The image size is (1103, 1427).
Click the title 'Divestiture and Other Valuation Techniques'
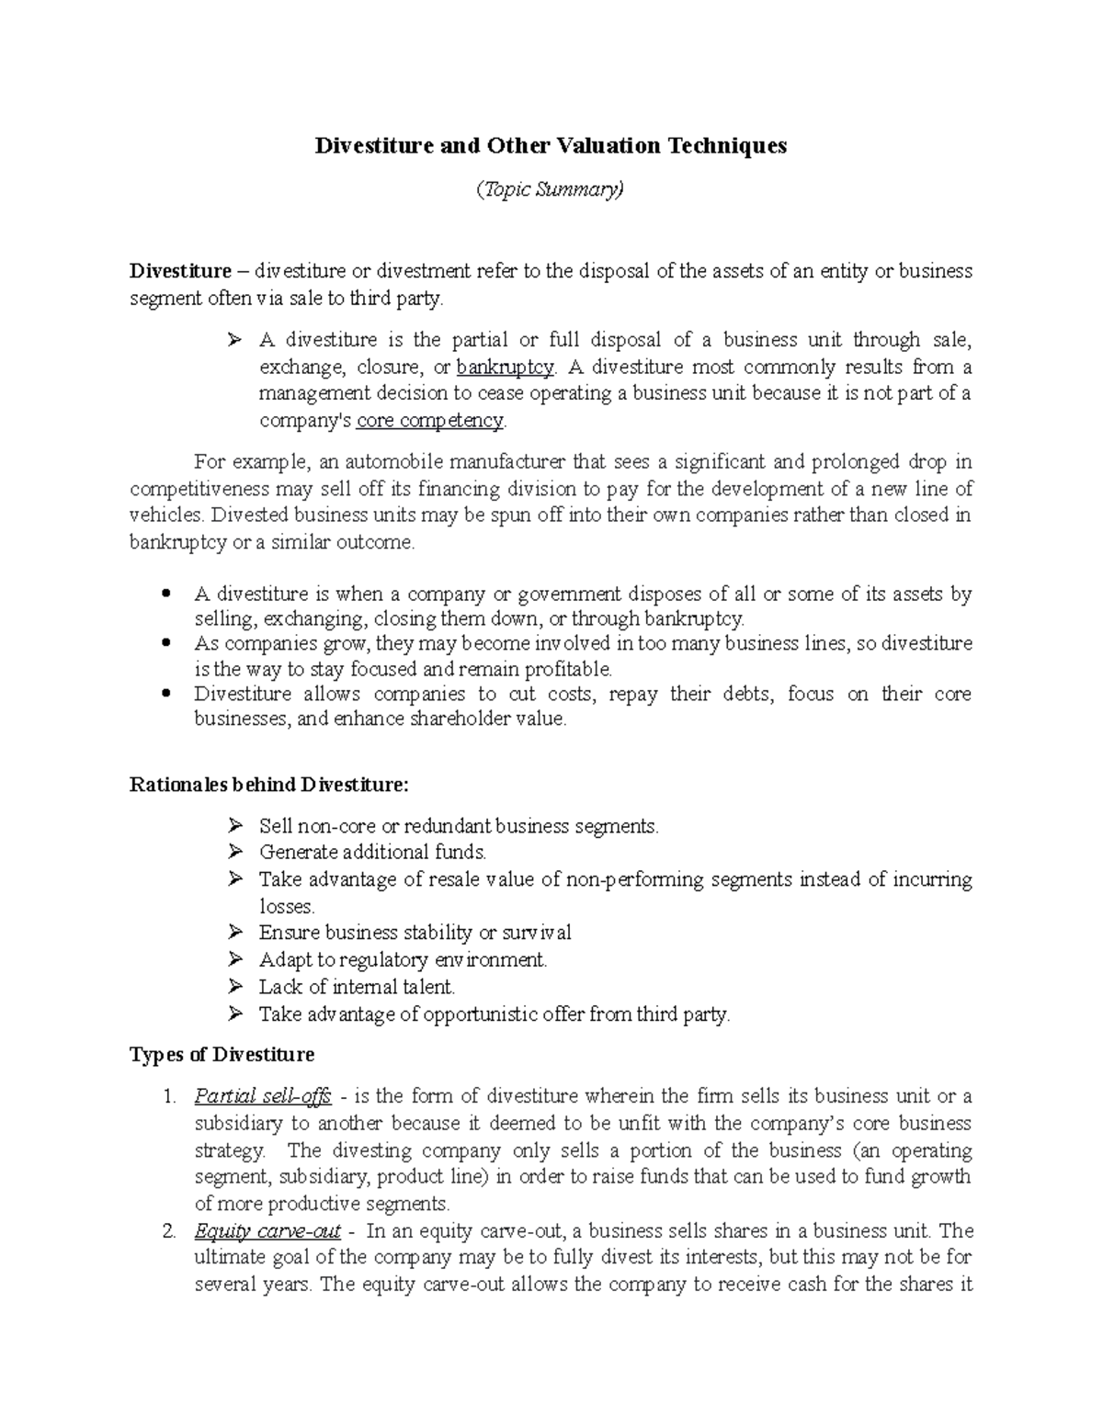(x=551, y=146)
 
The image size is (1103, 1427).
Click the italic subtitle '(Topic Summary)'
(x=550, y=190)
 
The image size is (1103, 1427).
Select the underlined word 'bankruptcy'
(x=506, y=368)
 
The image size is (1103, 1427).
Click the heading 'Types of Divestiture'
(x=222, y=1054)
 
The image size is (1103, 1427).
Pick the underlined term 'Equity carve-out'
(x=267, y=1231)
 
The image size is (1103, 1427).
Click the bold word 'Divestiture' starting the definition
(x=180, y=271)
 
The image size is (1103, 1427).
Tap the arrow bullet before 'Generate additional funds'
(x=236, y=852)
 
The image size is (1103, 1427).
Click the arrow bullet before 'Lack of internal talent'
(x=236, y=987)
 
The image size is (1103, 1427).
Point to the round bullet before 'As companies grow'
(x=166, y=643)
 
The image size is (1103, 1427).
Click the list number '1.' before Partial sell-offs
(x=167, y=1096)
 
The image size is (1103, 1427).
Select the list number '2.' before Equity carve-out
(x=167, y=1231)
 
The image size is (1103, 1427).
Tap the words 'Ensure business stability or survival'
(x=415, y=933)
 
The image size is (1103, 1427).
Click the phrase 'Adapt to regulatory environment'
(x=402, y=960)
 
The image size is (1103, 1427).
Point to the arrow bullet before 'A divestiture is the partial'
(x=236, y=341)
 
